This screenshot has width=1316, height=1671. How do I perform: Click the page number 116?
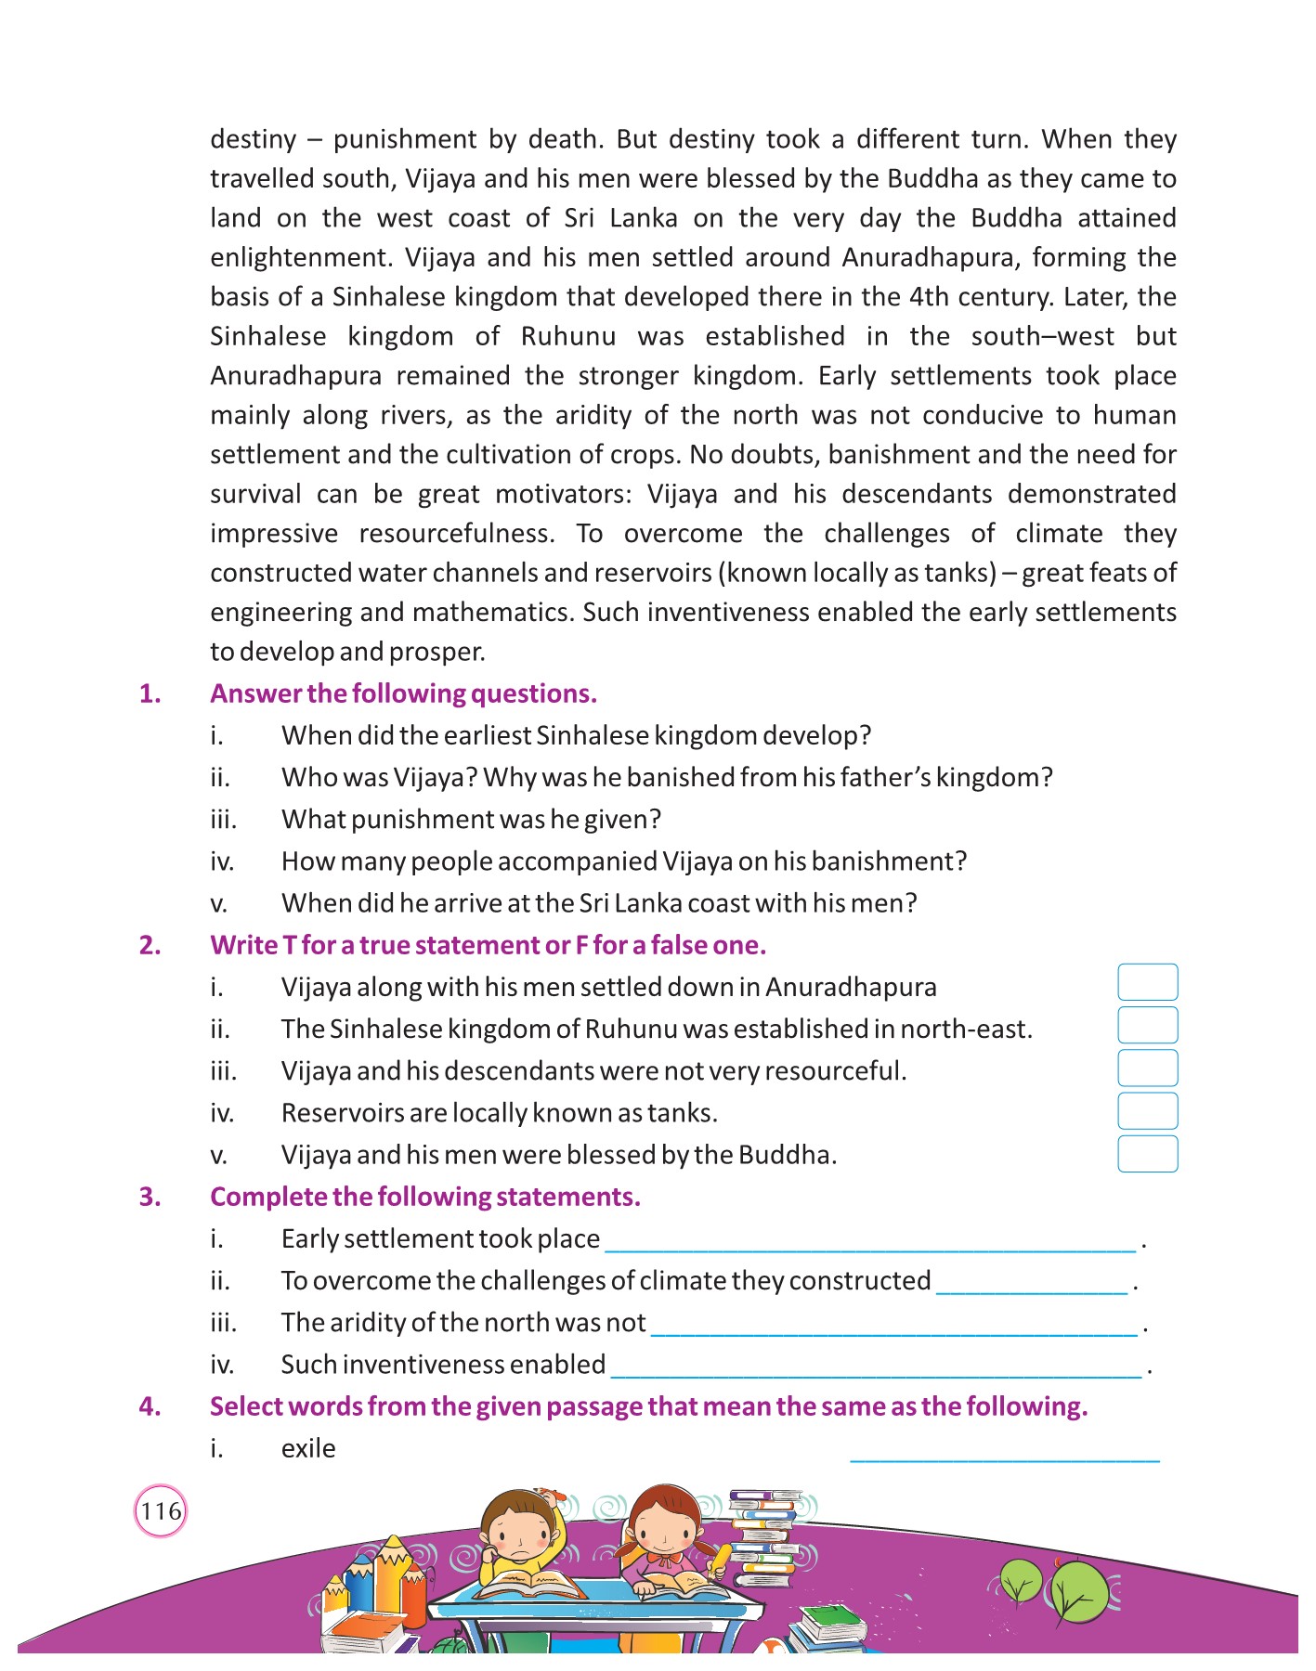(x=161, y=1510)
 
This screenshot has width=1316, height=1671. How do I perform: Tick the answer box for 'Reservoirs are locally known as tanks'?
(x=1147, y=1111)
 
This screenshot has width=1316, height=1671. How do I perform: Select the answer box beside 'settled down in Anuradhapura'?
(x=1147, y=982)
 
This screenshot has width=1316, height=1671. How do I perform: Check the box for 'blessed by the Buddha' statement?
(x=1147, y=1154)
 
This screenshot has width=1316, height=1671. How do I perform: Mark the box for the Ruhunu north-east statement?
(x=1147, y=1025)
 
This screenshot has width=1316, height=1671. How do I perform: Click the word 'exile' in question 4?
(x=308, y=1448)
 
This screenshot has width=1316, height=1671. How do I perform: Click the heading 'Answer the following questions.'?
(x=403, y=693)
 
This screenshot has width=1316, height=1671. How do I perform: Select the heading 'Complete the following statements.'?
(x=424, y=1197)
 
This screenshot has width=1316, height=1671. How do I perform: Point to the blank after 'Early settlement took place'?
(x=870, y=1246)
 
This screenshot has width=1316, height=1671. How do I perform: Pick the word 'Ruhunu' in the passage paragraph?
(x=568, y=336)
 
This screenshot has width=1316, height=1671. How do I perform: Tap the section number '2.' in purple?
(x=150, y=945)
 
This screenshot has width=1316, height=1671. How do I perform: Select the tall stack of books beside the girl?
(x=763, y=1536)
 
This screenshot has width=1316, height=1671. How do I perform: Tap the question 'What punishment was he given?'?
(x=471, y=820)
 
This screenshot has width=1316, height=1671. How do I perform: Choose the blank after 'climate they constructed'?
(x=1032, y=1288)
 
